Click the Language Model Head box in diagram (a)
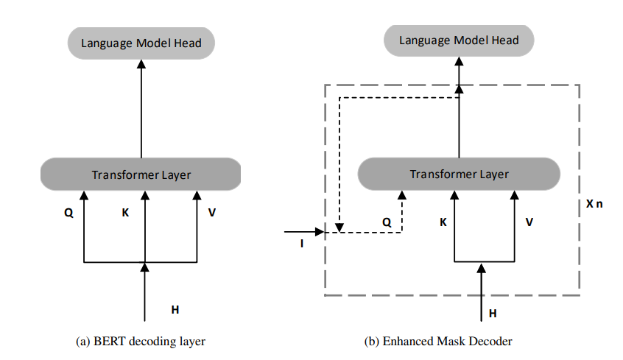coord(141,43)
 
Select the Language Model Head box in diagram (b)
coord(459,40)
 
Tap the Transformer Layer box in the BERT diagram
coord(141,174)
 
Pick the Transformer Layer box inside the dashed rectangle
coord(459,174)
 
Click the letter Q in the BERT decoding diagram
coord(68,213)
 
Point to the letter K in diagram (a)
coord(125,213)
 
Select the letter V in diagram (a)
coord(212,213)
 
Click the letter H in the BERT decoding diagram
coord(175,309)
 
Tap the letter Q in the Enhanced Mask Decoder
coord(387,222)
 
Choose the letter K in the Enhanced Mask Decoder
coord(443,222)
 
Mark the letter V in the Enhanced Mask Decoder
coord(529,222)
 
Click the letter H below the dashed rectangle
coord(493,314)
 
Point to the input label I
coord(302,244)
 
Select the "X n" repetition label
coord(594,204)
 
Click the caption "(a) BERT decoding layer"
coord(141,342)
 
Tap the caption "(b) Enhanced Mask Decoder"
coord(438,342)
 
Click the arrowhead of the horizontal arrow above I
coord(320,232)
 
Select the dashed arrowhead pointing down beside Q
coord(339,227)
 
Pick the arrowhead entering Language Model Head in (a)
coord(141,64)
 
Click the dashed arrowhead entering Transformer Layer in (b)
coord(401,195)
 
